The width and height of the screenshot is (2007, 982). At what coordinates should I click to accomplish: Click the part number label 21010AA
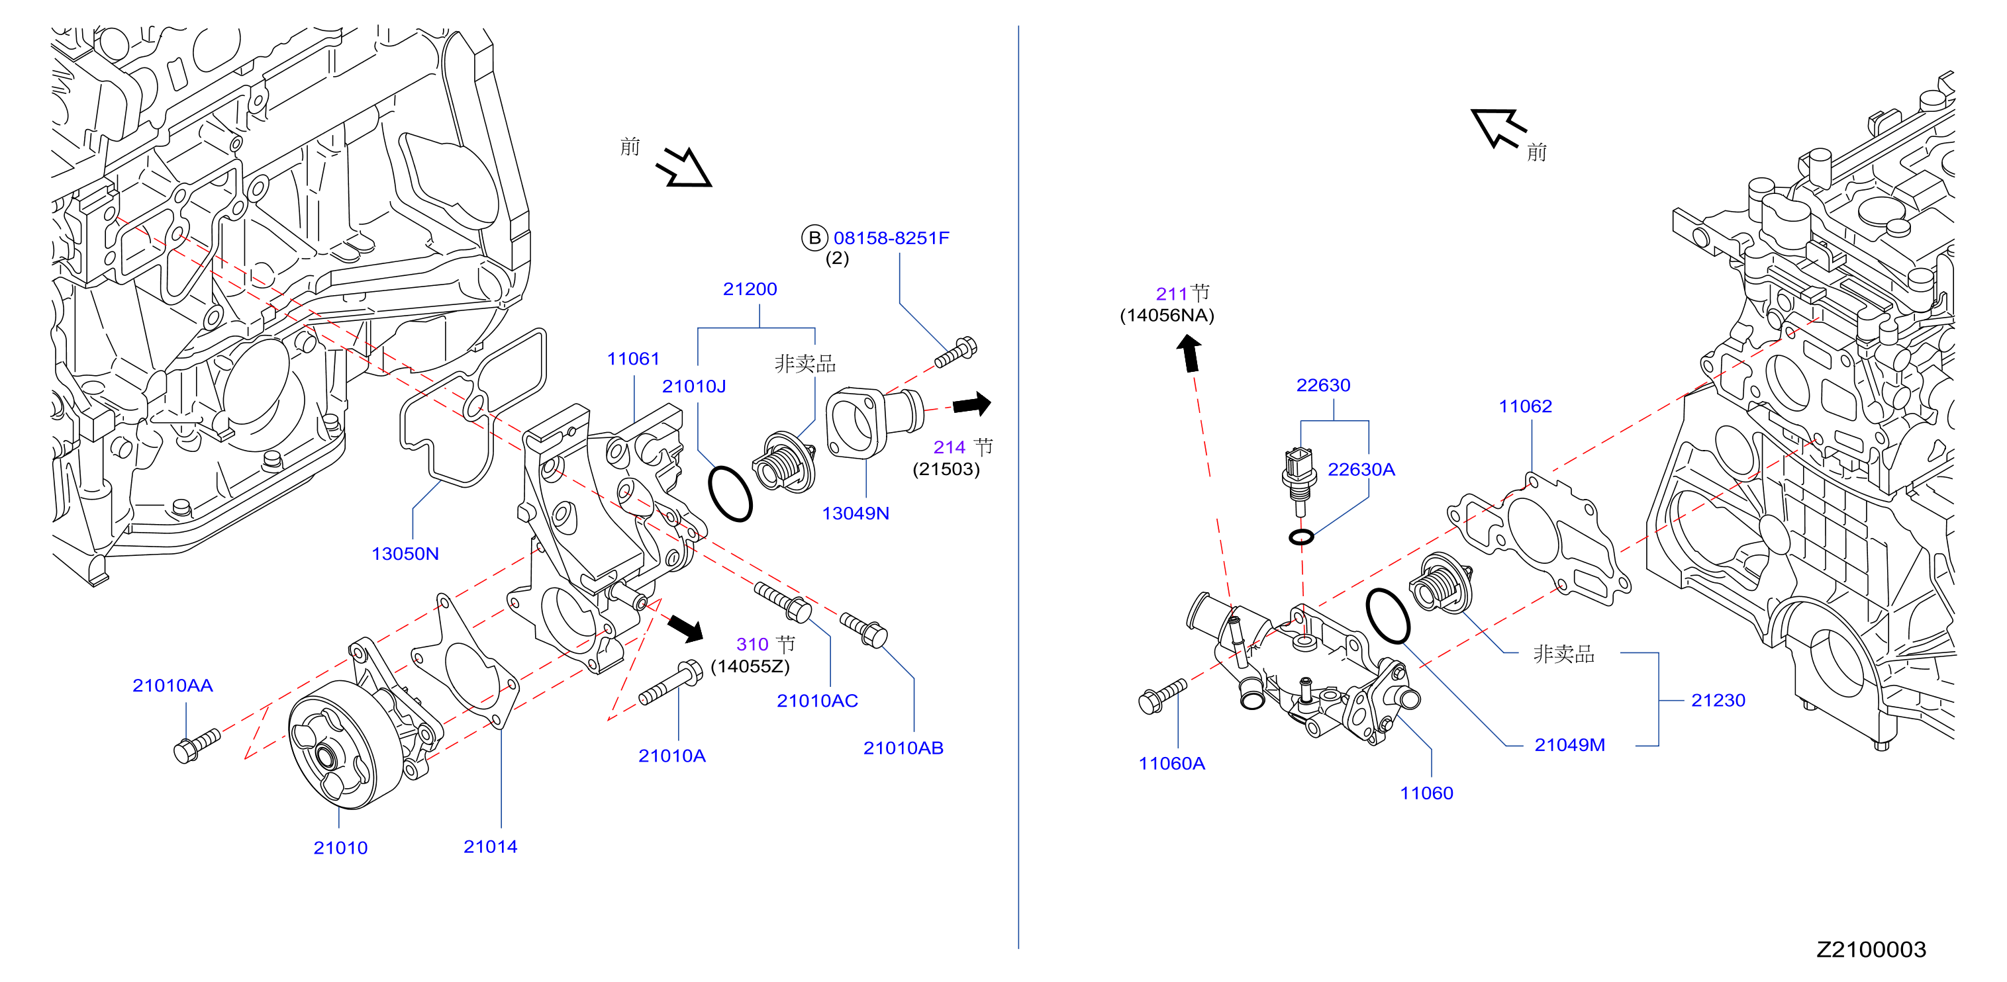pos(172,686)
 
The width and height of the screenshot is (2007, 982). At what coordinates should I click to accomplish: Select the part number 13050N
pos(405,554)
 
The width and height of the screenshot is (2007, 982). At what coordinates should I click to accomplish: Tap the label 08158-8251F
pos(891,238)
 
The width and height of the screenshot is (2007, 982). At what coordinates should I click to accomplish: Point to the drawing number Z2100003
pos(1871,950)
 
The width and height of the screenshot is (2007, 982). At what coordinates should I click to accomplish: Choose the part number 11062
pos(1526,406)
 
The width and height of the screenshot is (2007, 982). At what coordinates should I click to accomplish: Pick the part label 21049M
pos(1570,744)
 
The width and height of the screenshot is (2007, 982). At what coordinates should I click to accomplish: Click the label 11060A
pos(1172,763)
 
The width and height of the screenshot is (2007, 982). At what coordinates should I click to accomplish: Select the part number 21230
pos(1718,700)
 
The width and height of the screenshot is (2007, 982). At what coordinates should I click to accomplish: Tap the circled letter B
pos(814,238)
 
